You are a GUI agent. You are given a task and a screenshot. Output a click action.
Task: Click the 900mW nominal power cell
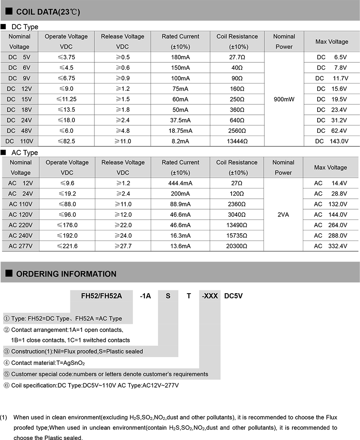pos(284,99)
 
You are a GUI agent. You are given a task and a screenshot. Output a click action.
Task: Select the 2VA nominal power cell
pos(283,215)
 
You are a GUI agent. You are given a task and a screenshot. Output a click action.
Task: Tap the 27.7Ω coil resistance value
pos(237,57)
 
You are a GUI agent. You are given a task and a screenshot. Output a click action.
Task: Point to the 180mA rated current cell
pos(180,57)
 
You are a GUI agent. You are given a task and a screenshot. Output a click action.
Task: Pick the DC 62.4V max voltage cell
pos(332,131)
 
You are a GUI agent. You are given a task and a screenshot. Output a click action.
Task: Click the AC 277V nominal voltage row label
pos(20,246)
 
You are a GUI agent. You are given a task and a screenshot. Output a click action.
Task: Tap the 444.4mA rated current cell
pos(180,183)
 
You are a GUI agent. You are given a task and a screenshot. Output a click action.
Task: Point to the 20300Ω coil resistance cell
pos(236,246)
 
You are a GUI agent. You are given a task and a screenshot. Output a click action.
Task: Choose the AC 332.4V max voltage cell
pos(330,246)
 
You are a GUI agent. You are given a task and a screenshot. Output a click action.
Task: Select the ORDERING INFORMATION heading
pos(66,274)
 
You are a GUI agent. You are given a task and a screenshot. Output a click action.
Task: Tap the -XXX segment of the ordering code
pos(210,296)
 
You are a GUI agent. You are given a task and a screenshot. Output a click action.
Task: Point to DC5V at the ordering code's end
pos(234,296)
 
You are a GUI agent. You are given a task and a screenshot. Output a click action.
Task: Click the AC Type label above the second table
pos(25,152)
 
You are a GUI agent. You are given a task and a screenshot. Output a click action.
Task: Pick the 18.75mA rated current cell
pos(180,131)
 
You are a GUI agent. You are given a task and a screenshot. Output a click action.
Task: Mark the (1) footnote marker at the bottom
pos(4,417)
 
